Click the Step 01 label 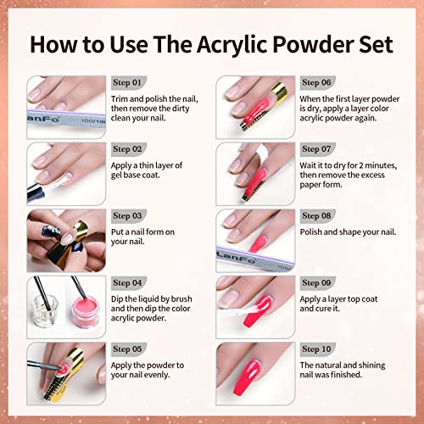pyautogui.click(x=129, y=83)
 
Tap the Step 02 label pyautogui.click(x=129, y=149)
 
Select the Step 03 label pyautogui.click(x=129, y=216)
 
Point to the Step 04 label pyautogui.click(x=129, y=282)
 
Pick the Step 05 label pyautogui.click(x=129, y=349)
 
